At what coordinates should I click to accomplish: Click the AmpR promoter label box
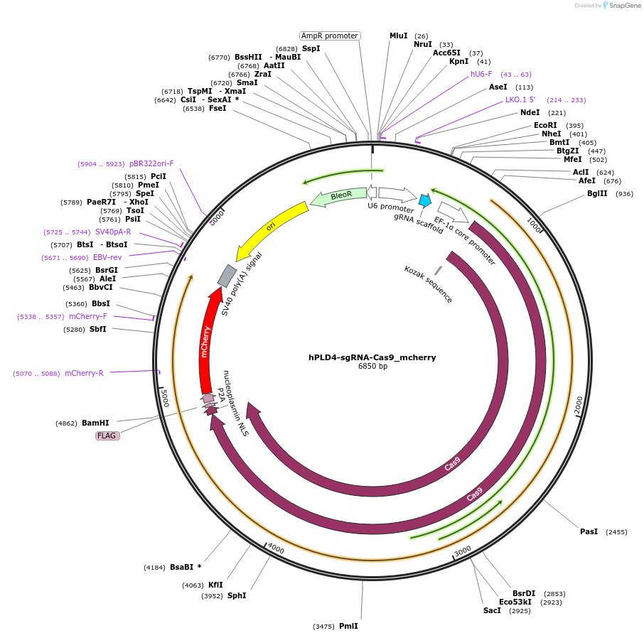(330, 36)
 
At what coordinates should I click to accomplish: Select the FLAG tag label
(107, 436)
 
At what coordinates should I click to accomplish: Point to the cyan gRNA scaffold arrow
(424, 200)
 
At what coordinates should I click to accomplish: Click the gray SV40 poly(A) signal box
(226, 276)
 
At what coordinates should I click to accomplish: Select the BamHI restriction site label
(95, 423)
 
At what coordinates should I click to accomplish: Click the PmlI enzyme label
(348, 626)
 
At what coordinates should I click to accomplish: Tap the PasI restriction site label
(589, 531)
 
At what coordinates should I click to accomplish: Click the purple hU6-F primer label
(481, 74)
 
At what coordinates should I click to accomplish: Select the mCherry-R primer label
(84, 373)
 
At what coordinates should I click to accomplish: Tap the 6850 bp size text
(372, 367)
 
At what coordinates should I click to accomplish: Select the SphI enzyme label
(237, 595)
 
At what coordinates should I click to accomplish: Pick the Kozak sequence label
(428, 284)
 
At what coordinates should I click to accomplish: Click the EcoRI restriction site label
(545, 125)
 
